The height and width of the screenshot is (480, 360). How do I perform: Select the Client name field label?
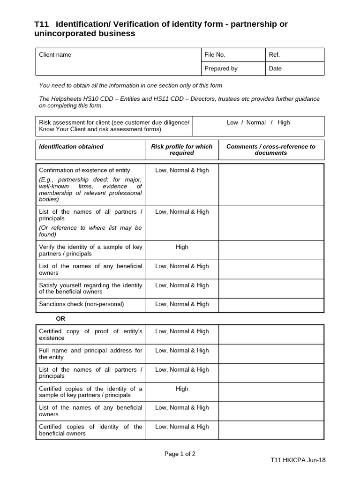pos(55,55)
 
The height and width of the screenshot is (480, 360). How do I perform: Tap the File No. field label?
pos(215,55)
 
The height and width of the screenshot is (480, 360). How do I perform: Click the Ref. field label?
pos(275,55)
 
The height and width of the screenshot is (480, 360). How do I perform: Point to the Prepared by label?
pos(221,68)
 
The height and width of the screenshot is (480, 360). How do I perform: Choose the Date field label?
pos(275,68)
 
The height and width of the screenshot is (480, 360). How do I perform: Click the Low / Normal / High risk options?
pos(258,122)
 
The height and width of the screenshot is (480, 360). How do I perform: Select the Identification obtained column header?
pos(71,147)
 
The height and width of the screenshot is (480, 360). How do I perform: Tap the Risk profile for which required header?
pos(182,150)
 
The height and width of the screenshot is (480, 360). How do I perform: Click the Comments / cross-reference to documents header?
pos(271,150)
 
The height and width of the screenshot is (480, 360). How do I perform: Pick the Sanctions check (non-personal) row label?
pos(82,304)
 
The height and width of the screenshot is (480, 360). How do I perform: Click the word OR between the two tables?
pos(60,319)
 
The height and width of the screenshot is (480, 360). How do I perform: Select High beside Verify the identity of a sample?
pos(182,247)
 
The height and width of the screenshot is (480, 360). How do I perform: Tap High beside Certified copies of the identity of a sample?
pos(182,389)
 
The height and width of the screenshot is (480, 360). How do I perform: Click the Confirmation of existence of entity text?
pos(85,170)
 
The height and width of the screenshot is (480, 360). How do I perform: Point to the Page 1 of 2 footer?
pos(180,454)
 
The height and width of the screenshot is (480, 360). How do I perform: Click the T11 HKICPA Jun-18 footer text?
pos(298,460)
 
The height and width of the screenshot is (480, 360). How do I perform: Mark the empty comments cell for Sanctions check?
pos(271,305)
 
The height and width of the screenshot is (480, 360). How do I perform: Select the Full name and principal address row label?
pos(90,353)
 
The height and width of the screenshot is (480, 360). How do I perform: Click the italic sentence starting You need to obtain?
pos(131,85)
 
